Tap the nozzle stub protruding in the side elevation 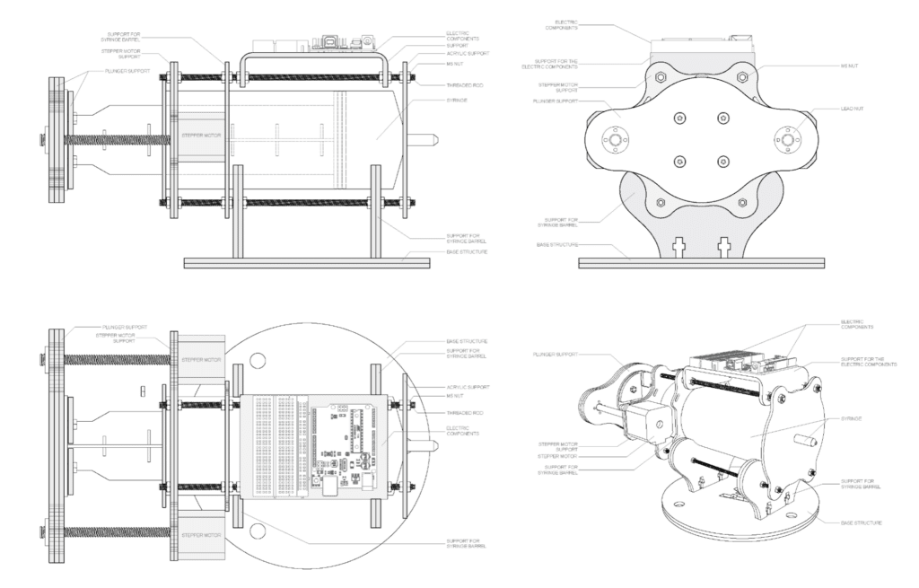click(427, 140)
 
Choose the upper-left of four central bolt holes click(679, 118)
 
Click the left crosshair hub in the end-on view click(615, 139)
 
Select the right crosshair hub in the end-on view click(788, 139)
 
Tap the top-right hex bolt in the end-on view click(744, 77)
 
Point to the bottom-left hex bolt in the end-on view click(659, 202)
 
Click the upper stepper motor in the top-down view click(199, 360)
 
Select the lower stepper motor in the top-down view click(199, 535)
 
